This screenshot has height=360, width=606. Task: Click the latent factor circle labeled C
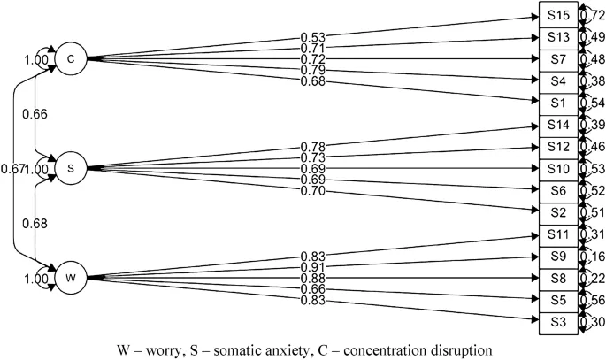70,59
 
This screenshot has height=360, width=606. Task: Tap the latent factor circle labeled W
70,278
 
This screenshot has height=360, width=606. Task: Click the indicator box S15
557,16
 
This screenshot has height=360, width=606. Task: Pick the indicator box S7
557,59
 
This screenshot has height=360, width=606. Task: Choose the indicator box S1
557,103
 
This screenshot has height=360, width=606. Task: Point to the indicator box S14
557,125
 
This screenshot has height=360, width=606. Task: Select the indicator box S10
557,168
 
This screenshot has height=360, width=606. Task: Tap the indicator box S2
557,212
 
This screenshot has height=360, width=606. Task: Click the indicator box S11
557,234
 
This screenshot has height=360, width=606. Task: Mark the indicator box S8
557,278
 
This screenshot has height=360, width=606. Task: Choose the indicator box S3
557,321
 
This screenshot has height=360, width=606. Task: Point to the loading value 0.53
313,36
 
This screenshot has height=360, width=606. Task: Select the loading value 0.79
313,71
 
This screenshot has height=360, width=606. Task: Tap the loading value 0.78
313,146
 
